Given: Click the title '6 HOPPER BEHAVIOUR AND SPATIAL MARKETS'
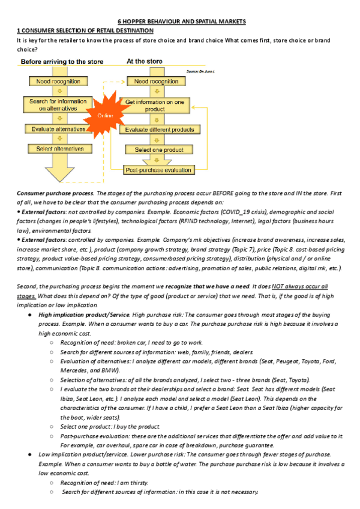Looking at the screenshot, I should pyautogui.click(x=181, y=21).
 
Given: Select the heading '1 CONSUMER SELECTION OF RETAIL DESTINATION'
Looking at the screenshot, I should pyautogui.click(x=85, y=30).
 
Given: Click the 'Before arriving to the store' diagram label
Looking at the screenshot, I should pyautogui.click(x=62, y=62).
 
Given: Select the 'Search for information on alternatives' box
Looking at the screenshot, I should pyautogui.click(x=58, y=105).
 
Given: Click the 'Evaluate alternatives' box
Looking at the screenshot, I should pyautogui.click(x=58, y=128).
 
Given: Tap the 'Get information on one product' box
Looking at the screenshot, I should pyautogui.click(x=158, y=106).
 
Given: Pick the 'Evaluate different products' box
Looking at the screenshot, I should pyautogui.click(x=159, y=129).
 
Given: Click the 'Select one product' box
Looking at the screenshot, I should pyautogui.click(x=159, y=149).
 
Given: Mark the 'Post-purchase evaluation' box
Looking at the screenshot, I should pyautogui.click(x=159, y=170).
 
